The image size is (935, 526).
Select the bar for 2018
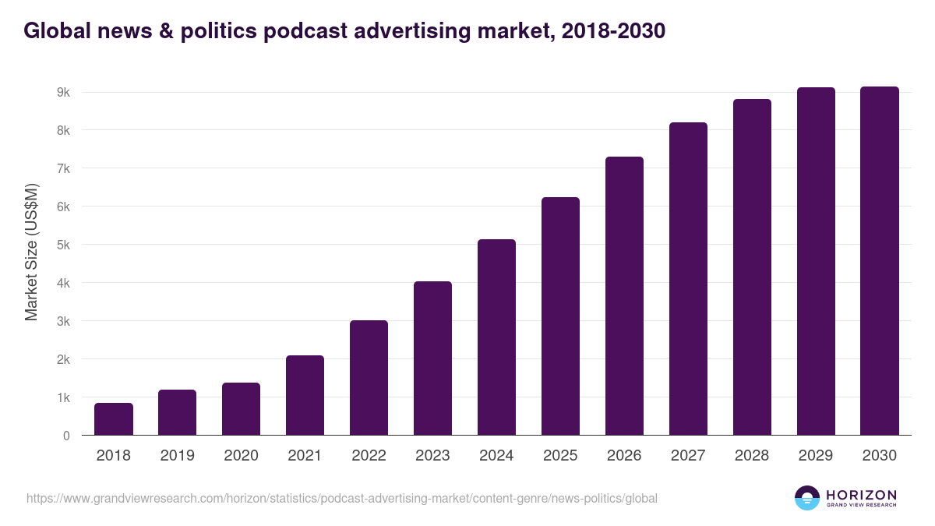point(114,419)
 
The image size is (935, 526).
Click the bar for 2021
point(305,395)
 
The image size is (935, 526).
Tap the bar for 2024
point(496,337)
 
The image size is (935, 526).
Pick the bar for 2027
point(688,279)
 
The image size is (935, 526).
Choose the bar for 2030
point(880,261)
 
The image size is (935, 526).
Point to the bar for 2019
point(178,412)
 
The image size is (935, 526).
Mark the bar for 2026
point(624,296)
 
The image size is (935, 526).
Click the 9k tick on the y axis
point(63,92)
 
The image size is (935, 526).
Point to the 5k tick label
point(63,245)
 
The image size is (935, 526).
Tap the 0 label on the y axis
point(66,436)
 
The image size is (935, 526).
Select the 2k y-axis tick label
point(63,359)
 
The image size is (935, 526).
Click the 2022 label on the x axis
point(369,456)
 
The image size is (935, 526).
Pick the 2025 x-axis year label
point(560,456)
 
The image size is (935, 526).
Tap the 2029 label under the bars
point(816,456)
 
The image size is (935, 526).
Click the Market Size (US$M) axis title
point(31,252)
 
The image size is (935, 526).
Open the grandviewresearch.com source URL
point(342,498)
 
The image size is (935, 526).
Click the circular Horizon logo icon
point(807,498)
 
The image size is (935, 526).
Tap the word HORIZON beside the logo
point(861,494)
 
